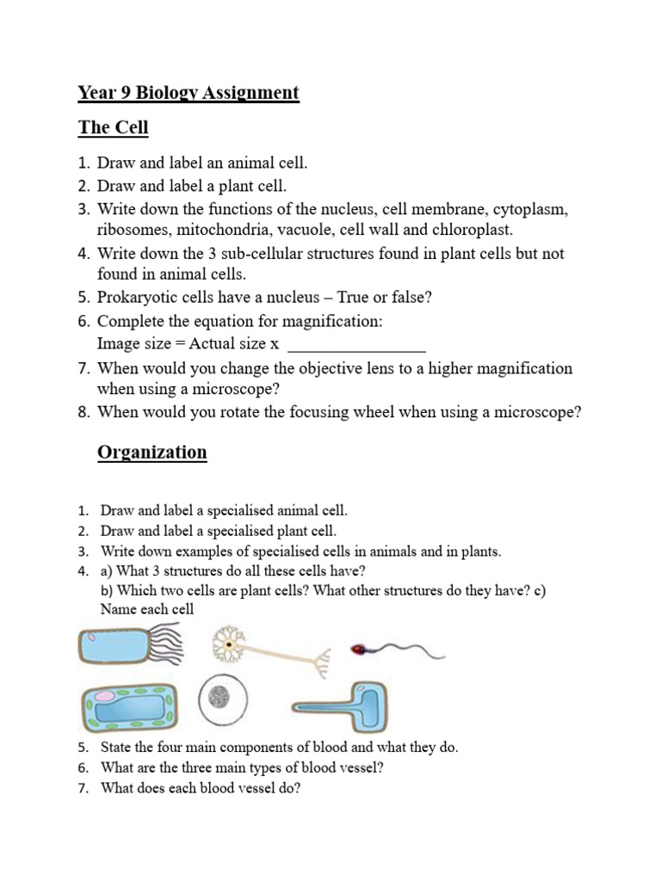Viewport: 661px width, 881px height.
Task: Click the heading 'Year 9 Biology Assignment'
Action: (188, 93)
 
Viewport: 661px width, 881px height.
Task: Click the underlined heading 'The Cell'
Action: (113, 128)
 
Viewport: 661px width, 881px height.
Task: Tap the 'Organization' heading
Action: (151, 453)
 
